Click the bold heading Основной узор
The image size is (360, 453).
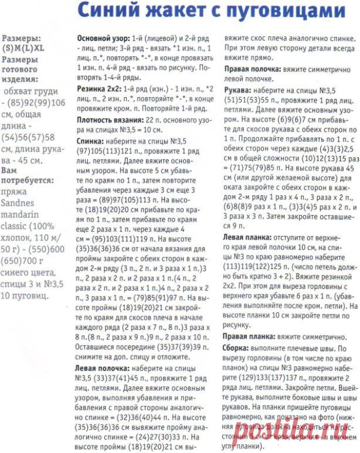point(103,38)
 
